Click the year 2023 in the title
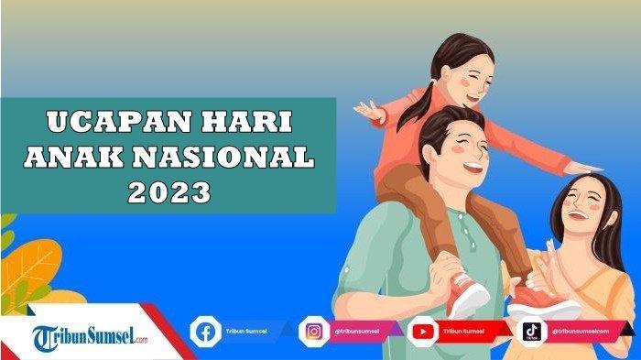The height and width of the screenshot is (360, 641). click(170, 192)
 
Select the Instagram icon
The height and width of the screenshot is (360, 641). click(314, 331)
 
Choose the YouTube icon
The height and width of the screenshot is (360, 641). click(423, 331)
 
